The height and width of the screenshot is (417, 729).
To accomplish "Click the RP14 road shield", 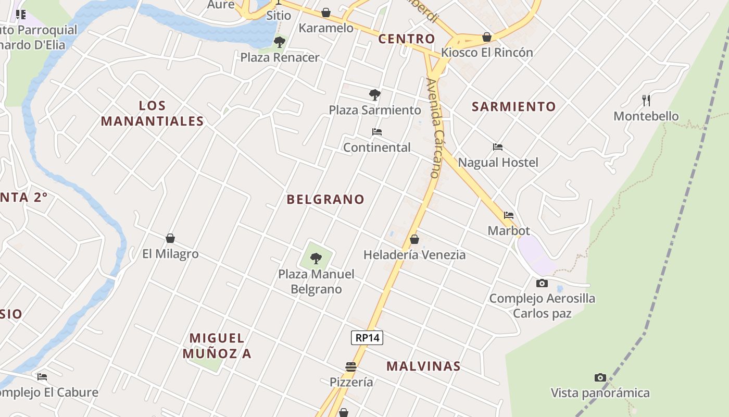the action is (367, 338).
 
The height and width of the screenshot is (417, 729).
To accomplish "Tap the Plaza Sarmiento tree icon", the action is (374, 95).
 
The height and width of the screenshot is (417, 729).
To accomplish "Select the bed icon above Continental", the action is (377, 132).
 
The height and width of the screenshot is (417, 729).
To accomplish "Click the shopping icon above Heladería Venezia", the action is (414, 239).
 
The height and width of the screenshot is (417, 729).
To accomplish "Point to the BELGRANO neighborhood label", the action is (325, 199).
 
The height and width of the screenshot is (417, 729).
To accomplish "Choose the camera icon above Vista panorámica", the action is (600, 377).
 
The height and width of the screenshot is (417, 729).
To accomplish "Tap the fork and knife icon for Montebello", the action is (646, 101).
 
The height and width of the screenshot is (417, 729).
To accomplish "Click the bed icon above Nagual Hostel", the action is (498, 147).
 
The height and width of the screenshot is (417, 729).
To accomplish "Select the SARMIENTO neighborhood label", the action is (514, 107).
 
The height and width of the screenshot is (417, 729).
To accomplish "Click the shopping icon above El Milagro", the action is (170, 239).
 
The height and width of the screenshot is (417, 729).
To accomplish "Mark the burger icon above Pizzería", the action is (351, 367).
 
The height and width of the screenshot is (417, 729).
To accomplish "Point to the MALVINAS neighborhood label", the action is (423, 366).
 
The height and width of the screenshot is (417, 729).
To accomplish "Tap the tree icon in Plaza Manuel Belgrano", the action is (316, 258).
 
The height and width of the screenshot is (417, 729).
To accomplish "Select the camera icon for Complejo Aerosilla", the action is (542, 284).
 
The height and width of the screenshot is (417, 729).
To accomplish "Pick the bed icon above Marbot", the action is (509, 215).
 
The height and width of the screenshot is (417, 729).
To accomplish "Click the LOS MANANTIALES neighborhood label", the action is (152, 114).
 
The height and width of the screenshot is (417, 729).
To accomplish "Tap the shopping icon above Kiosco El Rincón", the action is (487, 37).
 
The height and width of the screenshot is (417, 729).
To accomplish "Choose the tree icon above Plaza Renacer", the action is (280, 42).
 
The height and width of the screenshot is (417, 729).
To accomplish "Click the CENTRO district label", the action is (406, 39).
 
